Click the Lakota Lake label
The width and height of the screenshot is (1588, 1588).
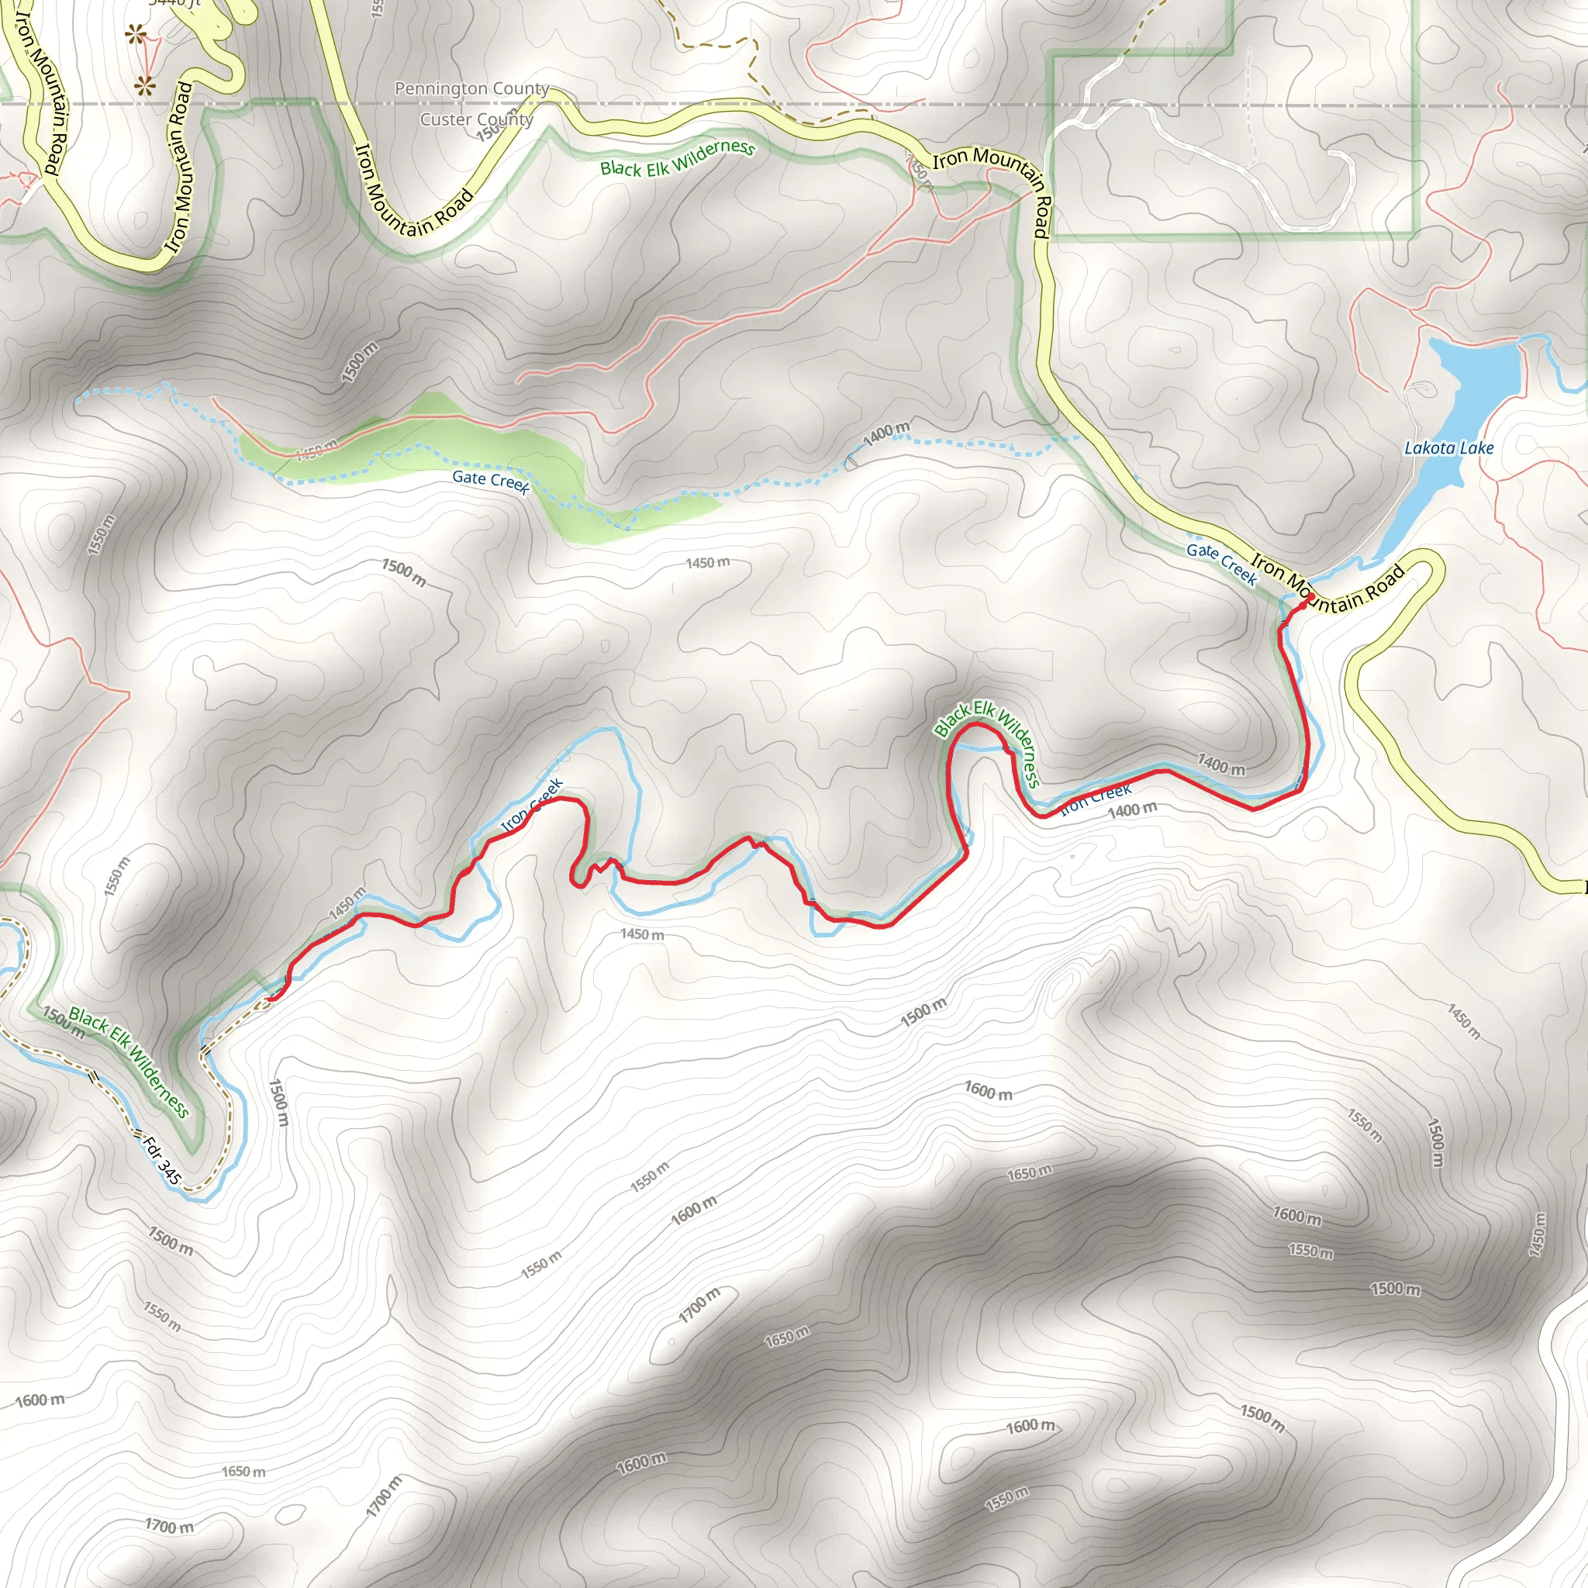(x=1448, y=448)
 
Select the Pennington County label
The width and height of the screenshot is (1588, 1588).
(x=471, y=88)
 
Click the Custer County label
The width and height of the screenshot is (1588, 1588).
(x=477, y=119)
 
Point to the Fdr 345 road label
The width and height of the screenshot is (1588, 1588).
(x=161, y=1160)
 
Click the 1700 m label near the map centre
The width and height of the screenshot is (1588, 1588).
(x=699, y=1304)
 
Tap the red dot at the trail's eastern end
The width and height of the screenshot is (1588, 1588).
(x=1310, y=597)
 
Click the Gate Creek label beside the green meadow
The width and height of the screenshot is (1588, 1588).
(x=491, y=480)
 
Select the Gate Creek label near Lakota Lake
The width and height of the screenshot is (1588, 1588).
(x=1221, y=563)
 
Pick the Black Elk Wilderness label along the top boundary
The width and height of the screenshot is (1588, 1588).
(x=677, y=158)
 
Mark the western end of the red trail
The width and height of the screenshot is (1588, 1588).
(x=269, y=999)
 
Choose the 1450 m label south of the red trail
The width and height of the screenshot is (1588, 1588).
(x=642, y=934)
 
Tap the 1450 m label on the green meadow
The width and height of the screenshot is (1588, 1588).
(x=316, y=450)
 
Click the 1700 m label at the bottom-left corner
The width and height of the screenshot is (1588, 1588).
(x=169, y=1525)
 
